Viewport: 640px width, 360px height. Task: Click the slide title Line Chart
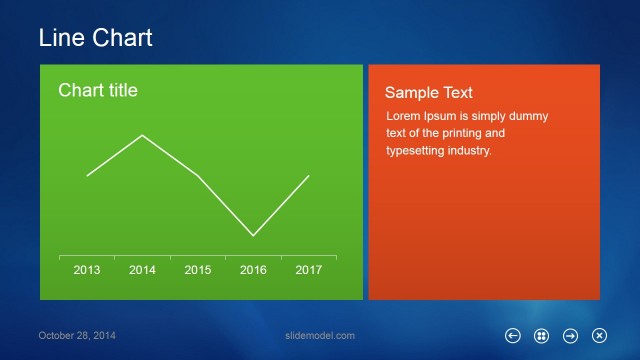point(95,38)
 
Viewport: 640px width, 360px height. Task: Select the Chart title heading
point(98,91)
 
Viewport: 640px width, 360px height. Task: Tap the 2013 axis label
point(87,270)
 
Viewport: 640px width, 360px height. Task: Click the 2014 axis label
point(142,270)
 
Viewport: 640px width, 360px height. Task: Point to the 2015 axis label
point(198,270)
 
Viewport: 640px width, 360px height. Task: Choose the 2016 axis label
point(253,270)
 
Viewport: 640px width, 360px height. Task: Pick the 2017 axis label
point(308,270)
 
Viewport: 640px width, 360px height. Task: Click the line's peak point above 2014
point(142,135)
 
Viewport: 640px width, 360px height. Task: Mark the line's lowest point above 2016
point(253,236)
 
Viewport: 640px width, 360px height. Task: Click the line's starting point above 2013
point(87,176)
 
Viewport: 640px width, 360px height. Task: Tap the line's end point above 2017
point(308,175)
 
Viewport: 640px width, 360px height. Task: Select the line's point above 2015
point(198,176)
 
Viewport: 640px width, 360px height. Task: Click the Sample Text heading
point(429,92)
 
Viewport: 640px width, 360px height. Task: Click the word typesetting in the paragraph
point(418,151)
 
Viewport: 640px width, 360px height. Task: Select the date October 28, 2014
point(77,336)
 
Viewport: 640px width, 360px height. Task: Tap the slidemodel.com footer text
point(320,336)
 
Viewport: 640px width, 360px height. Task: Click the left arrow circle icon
point(513,336)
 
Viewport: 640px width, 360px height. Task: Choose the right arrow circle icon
point(571,336)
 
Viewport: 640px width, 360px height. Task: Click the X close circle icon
point(600,336)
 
